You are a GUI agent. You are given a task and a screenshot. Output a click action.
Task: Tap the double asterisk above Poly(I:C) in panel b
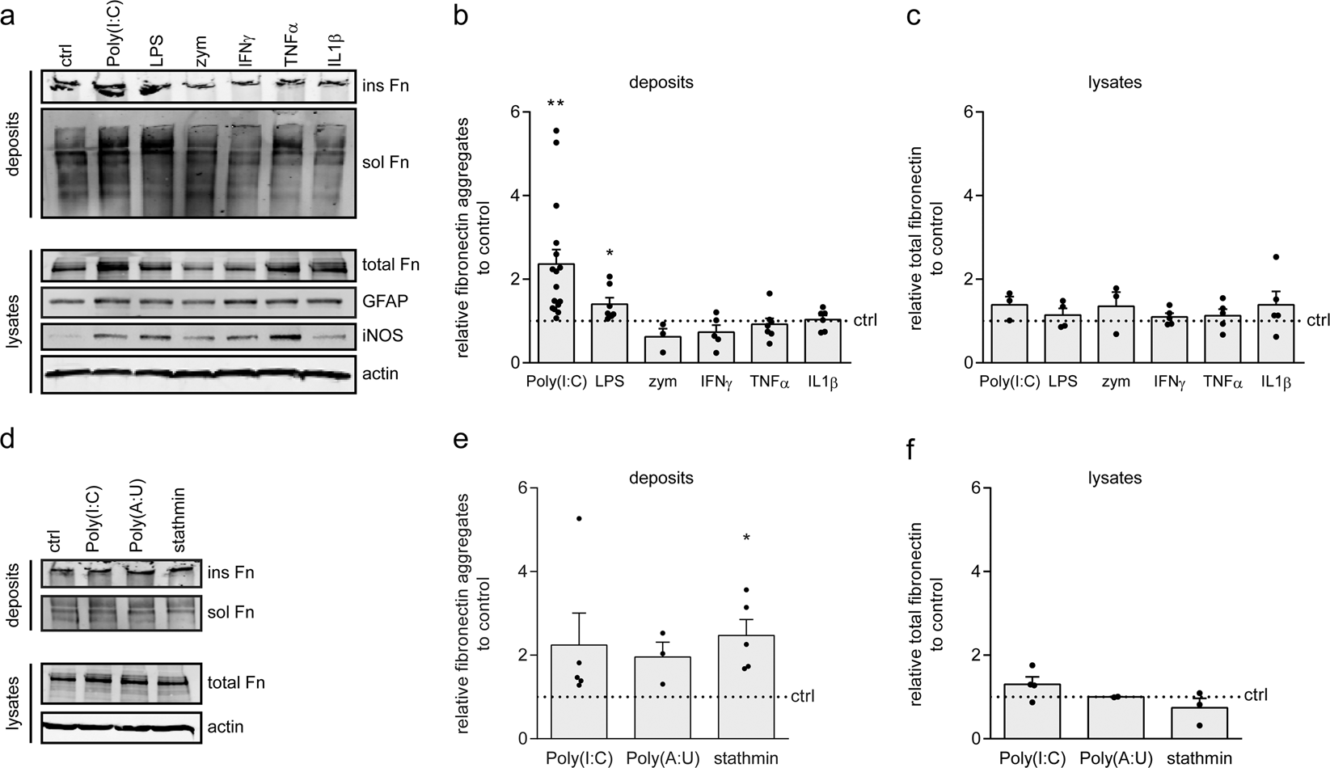(555, 105)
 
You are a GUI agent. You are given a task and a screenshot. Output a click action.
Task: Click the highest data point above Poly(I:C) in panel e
(580, 518)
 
